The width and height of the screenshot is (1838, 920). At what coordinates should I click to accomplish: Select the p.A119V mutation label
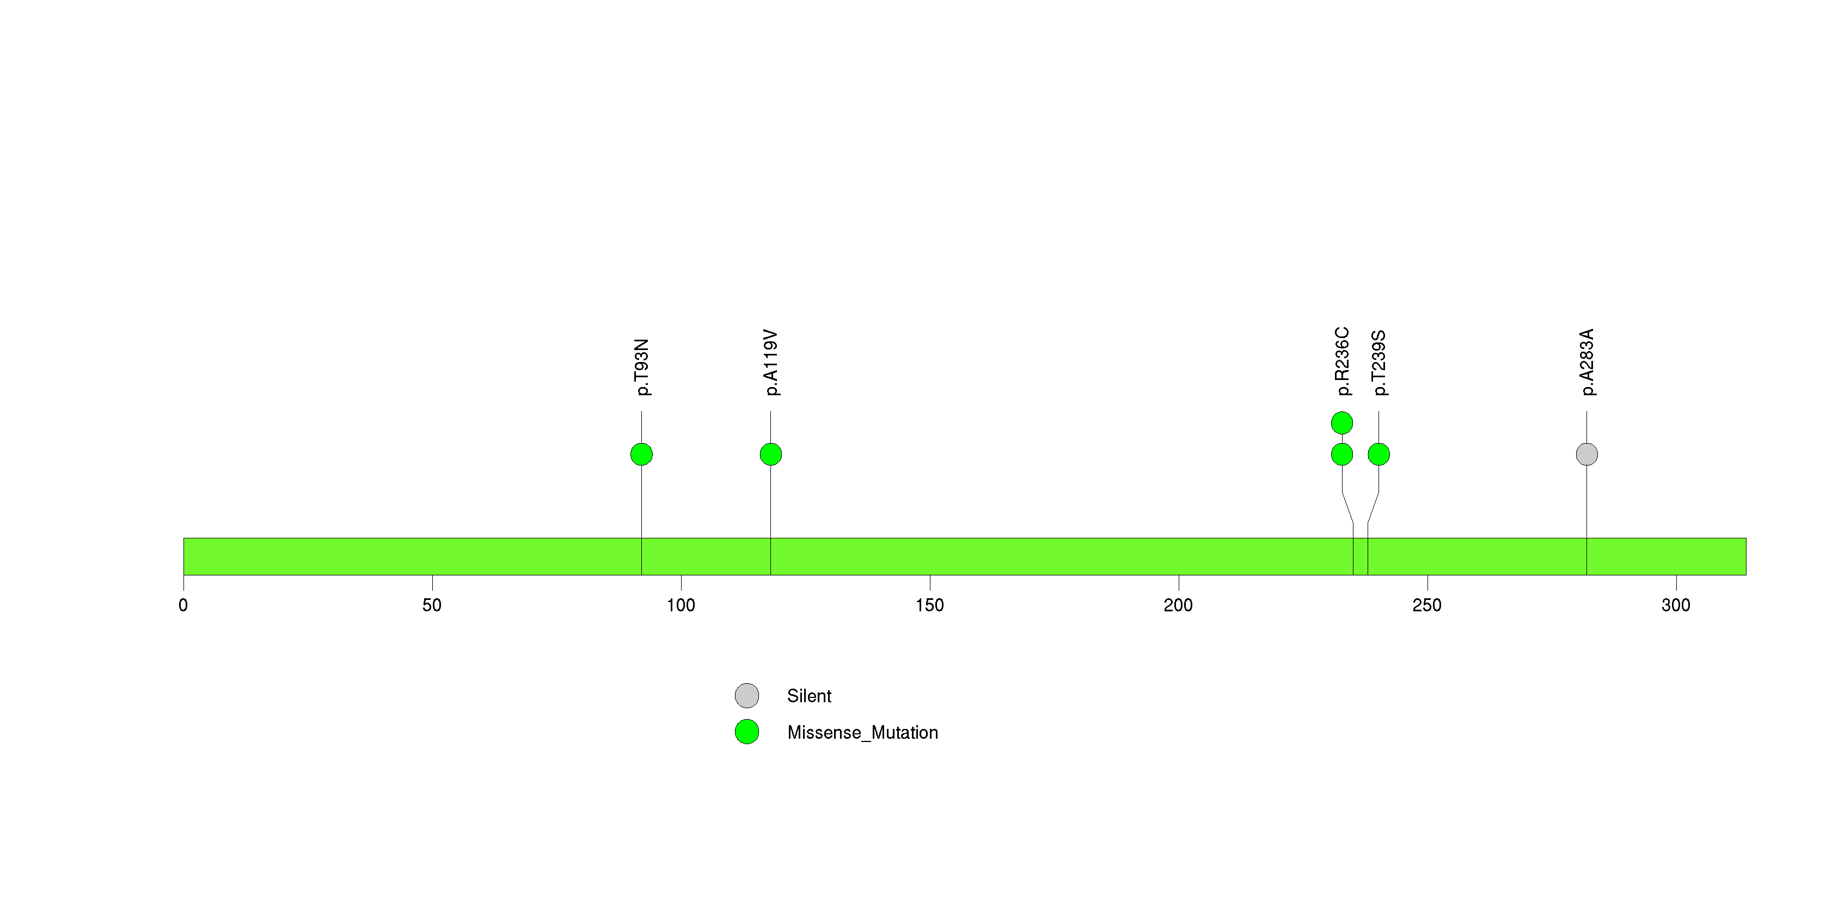pos(770,363)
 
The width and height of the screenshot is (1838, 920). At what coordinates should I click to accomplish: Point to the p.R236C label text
pos(1342,361)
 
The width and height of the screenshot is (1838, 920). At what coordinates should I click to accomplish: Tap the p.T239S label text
pos(1378,363)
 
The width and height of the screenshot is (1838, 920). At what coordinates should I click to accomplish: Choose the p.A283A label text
pos(1587,363)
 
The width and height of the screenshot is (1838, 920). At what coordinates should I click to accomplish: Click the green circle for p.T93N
pos(641,455)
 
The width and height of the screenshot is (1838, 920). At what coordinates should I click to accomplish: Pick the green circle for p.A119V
pos(770,455)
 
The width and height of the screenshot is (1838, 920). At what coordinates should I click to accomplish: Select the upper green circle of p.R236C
pos(1342,423)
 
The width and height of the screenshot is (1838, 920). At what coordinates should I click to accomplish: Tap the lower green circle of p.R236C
pos(1342,455)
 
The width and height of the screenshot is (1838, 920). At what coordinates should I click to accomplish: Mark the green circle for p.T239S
pos(1378,455)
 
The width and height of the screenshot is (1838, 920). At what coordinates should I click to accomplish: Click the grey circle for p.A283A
pos(1587,455)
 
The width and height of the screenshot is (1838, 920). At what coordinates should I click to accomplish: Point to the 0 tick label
pos(183,605)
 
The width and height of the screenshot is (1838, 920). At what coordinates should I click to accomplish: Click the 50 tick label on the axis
pos(432,605)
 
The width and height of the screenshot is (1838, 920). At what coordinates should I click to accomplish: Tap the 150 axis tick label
pos(930,605)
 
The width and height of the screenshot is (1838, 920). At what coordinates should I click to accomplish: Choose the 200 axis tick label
pos(1178,605)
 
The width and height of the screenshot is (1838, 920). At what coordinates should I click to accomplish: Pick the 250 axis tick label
pos(1427,605)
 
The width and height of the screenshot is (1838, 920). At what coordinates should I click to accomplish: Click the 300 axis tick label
pos(1676,605)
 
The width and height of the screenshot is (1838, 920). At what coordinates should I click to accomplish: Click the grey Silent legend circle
pos(747,695)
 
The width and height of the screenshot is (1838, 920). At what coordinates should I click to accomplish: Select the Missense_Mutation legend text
pos(862,732)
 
